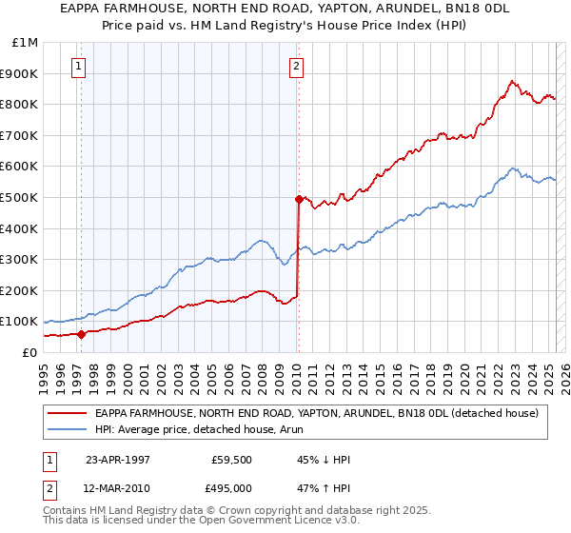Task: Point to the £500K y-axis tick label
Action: point(20,197)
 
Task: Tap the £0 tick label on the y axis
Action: point(30,352)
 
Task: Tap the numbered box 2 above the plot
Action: point(297,67)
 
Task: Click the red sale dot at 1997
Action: point(82,334)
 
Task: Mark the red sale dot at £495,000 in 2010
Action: point(299,199)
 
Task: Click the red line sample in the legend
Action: point(68,413)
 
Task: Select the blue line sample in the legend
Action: point(68,429)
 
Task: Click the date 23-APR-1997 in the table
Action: point(118,460)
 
